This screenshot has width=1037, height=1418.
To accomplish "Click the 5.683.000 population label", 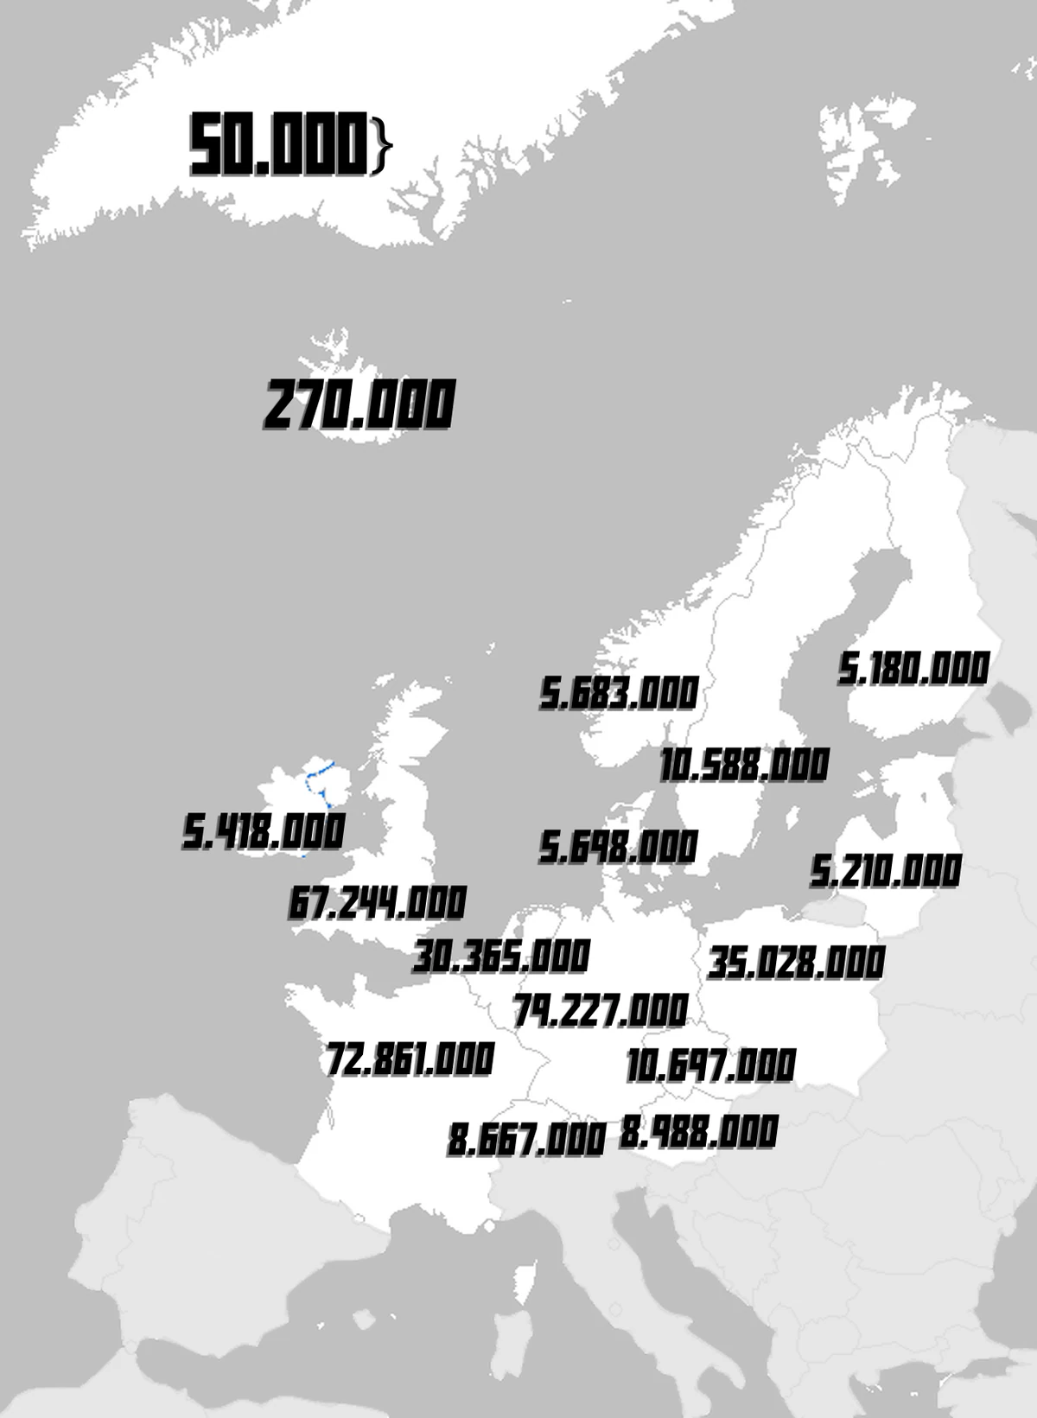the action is [619, 693].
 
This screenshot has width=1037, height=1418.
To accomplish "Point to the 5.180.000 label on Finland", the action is [913, 669].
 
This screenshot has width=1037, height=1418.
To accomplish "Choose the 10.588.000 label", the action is [744, 765].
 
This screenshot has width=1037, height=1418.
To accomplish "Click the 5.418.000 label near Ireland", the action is [264, 831].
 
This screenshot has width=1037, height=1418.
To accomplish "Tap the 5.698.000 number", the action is [619, 847].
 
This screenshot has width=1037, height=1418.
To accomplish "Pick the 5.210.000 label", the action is [886, 871].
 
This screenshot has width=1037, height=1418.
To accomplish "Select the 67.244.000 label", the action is [378, 903].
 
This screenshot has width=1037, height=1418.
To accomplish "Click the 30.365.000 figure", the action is [501, 957].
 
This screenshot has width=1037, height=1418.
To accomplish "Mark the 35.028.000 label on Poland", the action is [797, 963].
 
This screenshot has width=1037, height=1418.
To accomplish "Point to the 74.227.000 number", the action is [601, 1010].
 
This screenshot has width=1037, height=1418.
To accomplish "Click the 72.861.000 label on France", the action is [410, 1059].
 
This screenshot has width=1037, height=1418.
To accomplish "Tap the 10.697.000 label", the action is [710, 1065].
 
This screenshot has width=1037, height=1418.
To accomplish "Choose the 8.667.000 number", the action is [526, 1140].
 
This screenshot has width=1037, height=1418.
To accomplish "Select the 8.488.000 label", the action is [699, 1132].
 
